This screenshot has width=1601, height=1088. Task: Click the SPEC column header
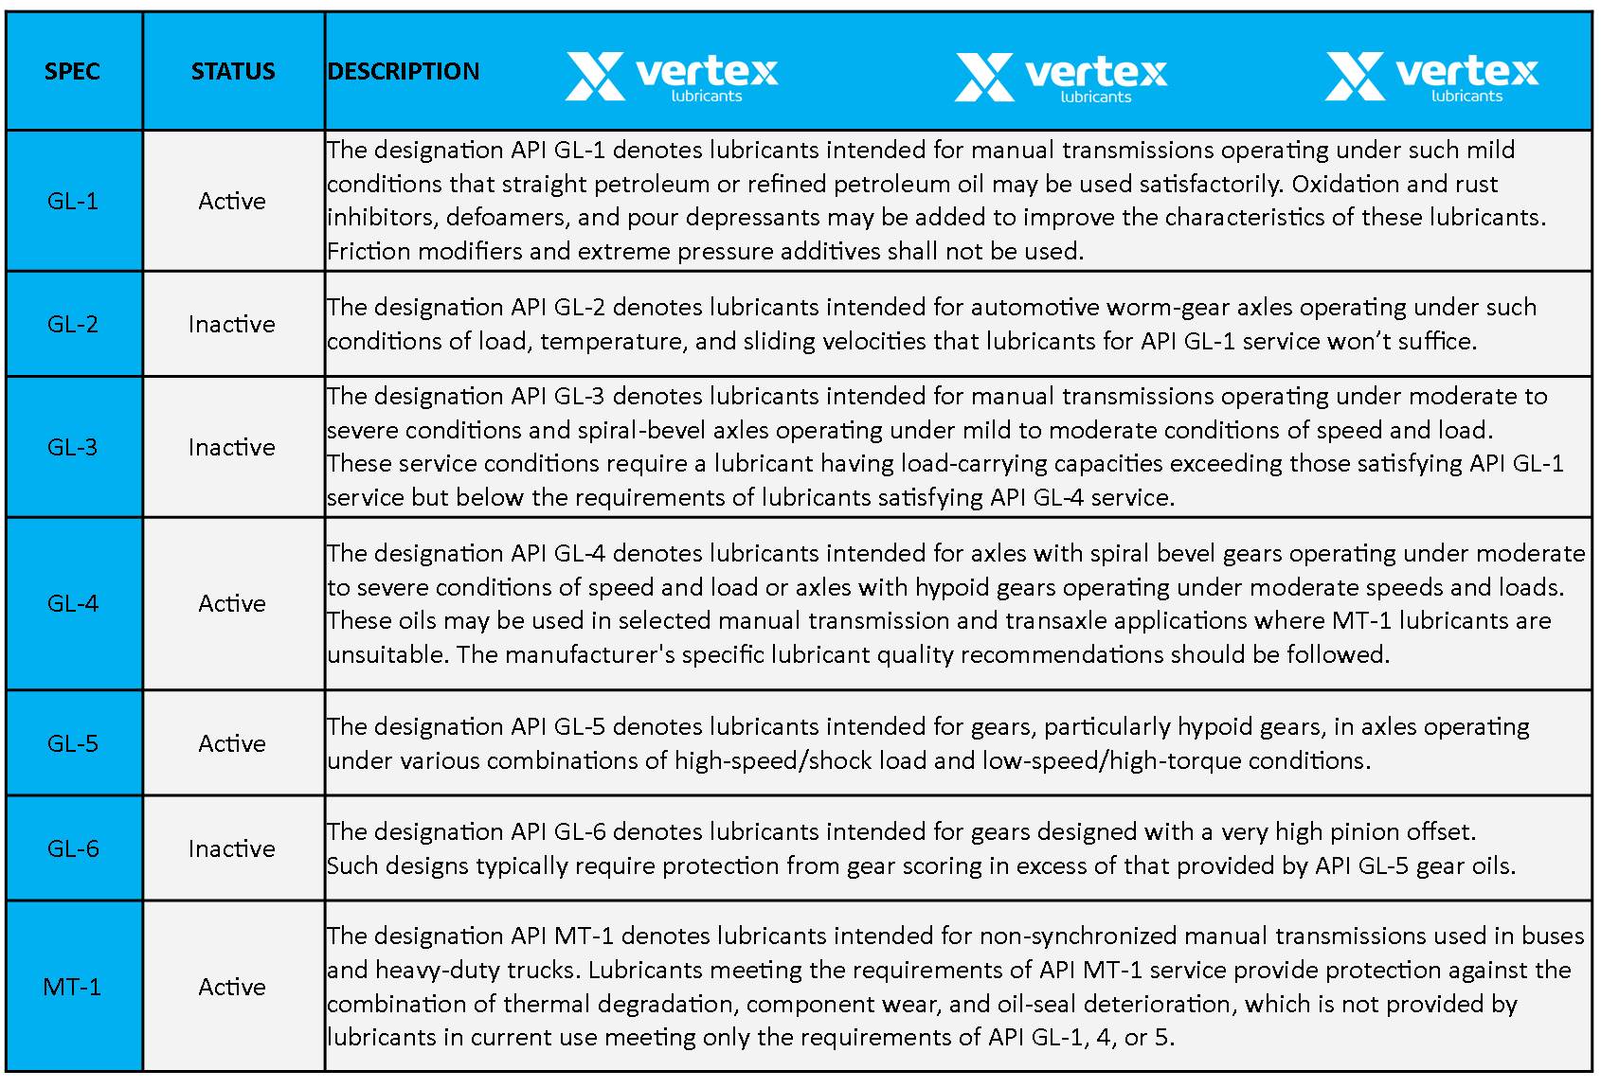[72, 71]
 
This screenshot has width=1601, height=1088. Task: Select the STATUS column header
[233, 71]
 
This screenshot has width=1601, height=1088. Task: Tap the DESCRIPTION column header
[404, 71]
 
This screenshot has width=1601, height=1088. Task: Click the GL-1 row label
[73, 201]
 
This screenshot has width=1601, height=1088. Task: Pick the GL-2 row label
[73, 324]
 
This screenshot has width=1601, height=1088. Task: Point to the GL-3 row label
[73, 447]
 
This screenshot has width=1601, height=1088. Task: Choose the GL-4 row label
[73, 603]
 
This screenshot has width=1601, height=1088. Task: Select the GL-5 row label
[73, 743]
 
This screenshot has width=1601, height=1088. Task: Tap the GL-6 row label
[73, 848]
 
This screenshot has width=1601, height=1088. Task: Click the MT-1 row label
[72, 987]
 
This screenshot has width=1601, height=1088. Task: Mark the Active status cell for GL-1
[232, 201]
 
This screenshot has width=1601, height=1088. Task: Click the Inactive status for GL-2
[232, 324]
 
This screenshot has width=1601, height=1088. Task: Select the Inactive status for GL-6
[232, 848]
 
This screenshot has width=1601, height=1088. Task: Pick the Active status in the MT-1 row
[232, 987]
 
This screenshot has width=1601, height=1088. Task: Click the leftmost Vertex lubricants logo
[672, 76]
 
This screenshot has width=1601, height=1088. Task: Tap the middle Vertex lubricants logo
[1061, 76]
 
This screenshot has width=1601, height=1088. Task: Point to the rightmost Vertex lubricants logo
[1431, 76]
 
